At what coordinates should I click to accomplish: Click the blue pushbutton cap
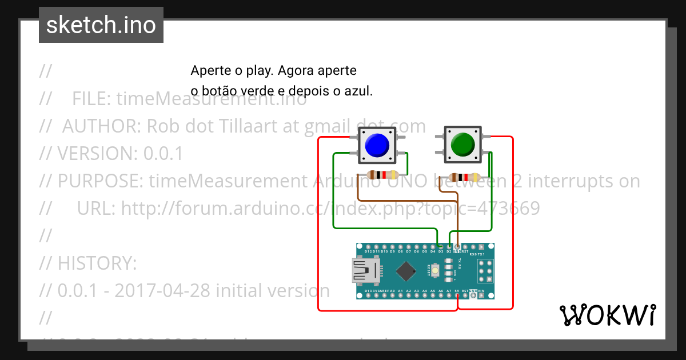coord(376,145)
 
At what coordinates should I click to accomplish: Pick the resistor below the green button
coord(464,177)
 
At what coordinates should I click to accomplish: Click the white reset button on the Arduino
coord(436,270)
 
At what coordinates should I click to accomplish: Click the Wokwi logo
coord(607,315)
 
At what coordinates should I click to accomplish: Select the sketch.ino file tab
coord(101,25)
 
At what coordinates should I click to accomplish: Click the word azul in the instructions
coord(361,90)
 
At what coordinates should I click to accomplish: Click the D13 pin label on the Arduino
coord(368,291)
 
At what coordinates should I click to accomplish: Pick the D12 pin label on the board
coord(368,251)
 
